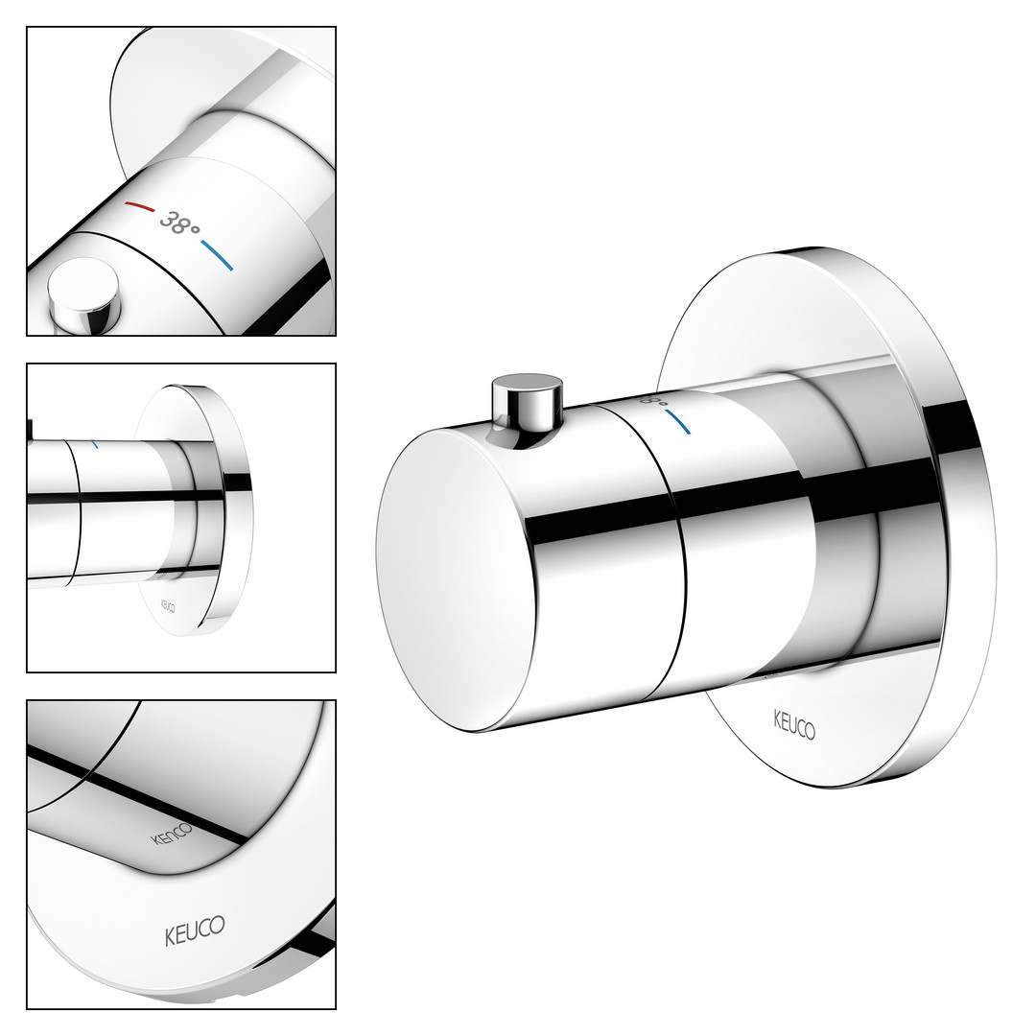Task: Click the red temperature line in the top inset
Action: click(140, 207)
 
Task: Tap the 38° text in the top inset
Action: click(179, 224)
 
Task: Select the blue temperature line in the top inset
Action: click(218, 255)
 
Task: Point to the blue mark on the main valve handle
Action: click(678, 422)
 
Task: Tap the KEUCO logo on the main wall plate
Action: click(794, 724)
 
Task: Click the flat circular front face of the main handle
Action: click(457, 578)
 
